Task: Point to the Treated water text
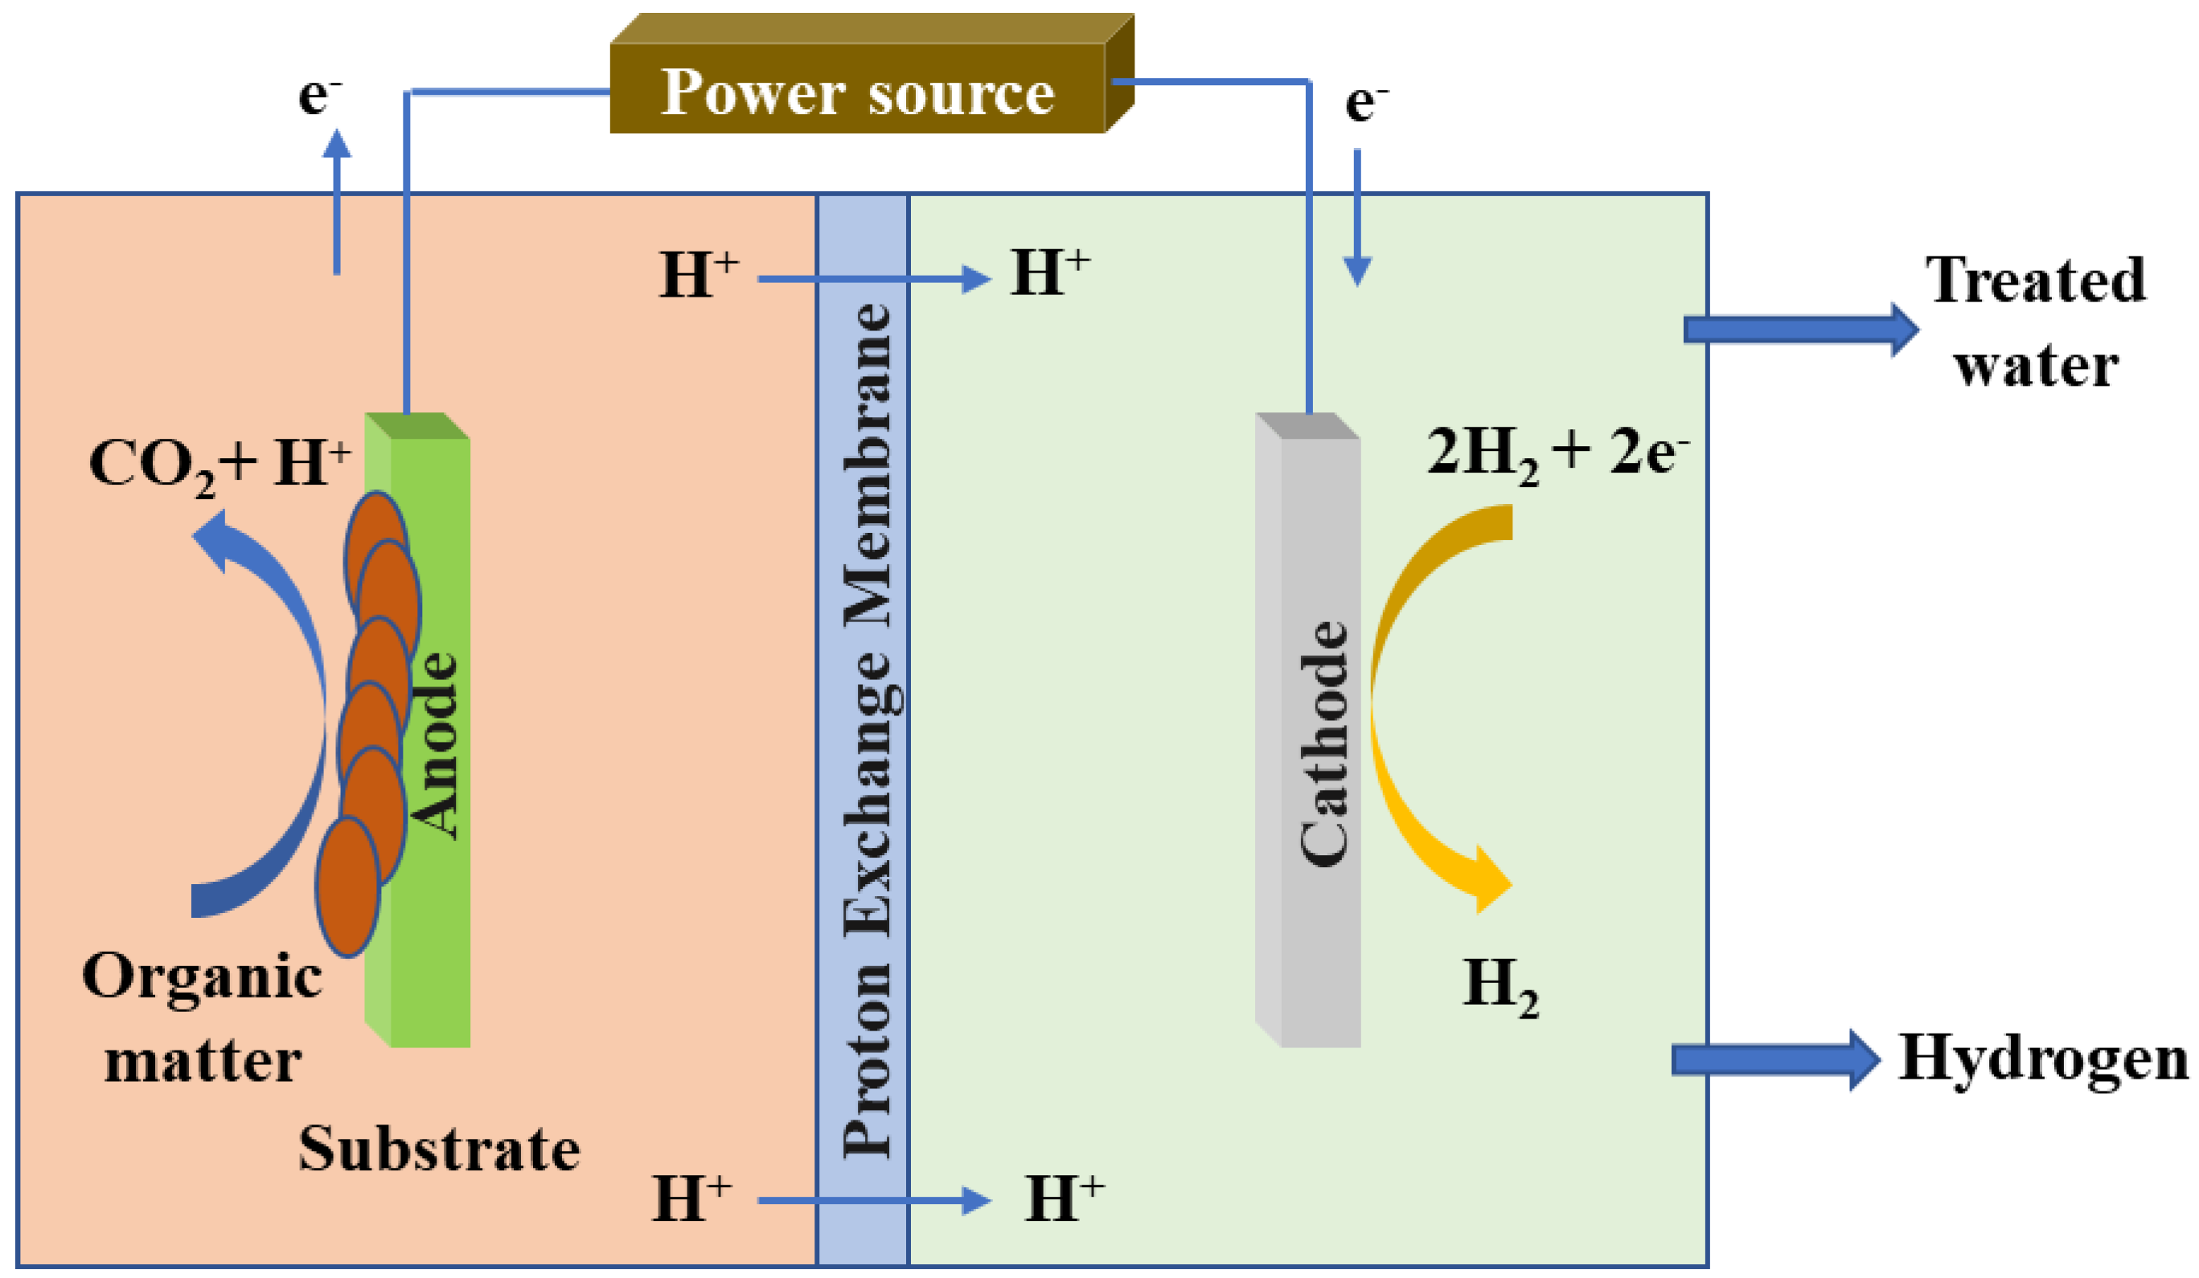pyautogui.click(x=2035, y=321)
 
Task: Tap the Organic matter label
pyautogui.click(x=203, y=1016)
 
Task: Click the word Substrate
pyautogui.click(x=439, y=1149)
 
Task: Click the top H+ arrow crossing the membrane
pyautogui.click(x=872, y=279)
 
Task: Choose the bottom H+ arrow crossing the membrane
pyautogui.click(x=872, y=1200)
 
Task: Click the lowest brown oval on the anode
pyautogui.click(x=347, y=886)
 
